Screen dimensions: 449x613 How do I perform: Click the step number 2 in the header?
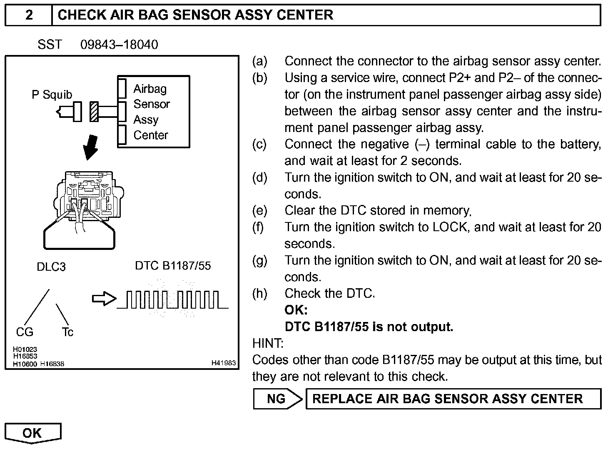click(x=29, y=15)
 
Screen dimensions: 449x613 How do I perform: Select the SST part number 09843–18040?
click(x=119, y=45)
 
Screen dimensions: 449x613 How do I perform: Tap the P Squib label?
click(x=52, y=95)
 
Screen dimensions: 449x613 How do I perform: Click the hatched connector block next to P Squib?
click(x=95, y=112)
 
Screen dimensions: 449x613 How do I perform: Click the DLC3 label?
click(x=51, y=267)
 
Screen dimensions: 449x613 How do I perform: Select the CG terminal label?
click(x=25, y=332)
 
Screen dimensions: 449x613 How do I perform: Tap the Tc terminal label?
click(x=67, y=332)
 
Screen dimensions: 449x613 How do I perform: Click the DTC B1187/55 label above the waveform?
click(x=173, y=266)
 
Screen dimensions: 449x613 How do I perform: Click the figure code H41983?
click(x=224, y=363)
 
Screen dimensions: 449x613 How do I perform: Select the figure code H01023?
click(x=25, y=349)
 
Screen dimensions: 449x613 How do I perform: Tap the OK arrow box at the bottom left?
click(x=32, y=433)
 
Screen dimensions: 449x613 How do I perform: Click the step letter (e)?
click(x=259, y=211)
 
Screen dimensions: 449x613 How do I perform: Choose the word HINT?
click(x=268, y=344)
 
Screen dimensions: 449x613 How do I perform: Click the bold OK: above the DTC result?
click(x=296, y=310)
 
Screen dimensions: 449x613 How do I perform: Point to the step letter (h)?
click(x=259, y=294)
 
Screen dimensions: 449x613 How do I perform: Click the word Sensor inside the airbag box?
click(x=152, y=104)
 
